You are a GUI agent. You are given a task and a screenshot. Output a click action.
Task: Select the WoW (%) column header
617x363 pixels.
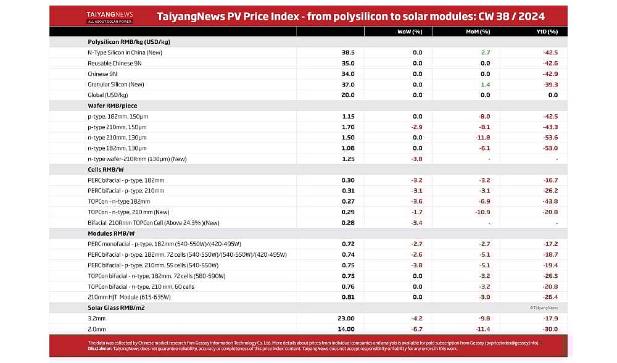coord(411,31)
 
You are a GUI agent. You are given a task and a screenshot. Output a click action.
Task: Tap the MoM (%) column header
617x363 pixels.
coord(479,31)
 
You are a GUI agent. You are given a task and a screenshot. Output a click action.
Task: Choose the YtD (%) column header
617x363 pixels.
coord(546,31)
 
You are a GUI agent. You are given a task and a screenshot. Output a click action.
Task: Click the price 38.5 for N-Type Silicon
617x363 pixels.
coord(348,52)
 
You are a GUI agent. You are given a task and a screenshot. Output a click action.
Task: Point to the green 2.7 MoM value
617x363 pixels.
coord(485,52)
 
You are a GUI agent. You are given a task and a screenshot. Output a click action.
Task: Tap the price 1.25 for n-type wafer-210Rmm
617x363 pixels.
coord(348,159)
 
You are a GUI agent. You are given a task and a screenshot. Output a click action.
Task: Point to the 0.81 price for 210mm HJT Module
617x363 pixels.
coord(348,297)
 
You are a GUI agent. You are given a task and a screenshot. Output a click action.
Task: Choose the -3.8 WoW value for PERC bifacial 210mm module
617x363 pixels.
coord(416,265)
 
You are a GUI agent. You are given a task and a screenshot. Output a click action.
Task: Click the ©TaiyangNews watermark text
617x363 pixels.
coord(544,307)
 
